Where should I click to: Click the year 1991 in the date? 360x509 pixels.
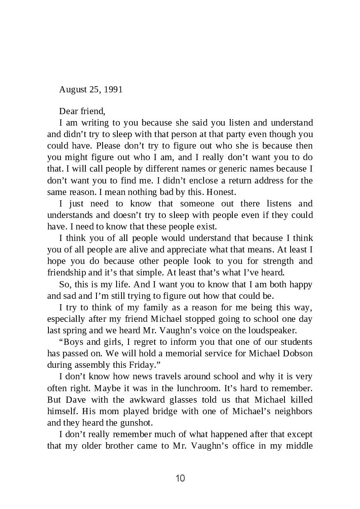click(x=113, y=89)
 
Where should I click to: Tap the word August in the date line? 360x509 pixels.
click(x=72, y=89)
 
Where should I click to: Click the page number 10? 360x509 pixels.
click(x=180, y=478)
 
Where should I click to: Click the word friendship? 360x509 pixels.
click(x=66, y=273)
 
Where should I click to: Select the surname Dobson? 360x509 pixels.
click(x=298, y=353)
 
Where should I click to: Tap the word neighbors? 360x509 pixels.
click(x=294, y=411)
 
